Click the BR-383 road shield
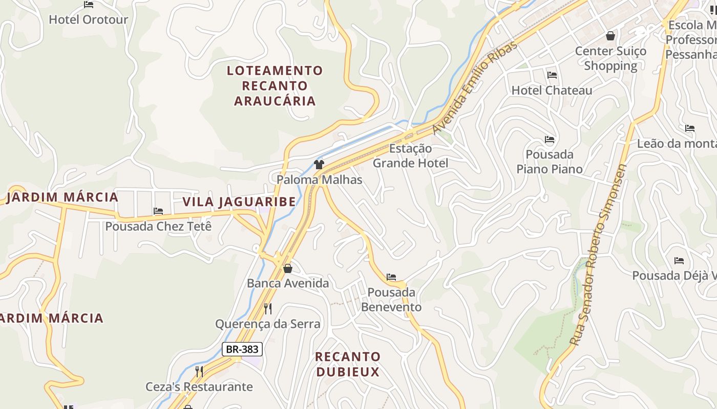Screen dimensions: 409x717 point(242,350)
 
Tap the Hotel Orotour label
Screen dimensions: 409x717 point(88,20)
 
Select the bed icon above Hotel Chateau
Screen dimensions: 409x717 point(552,75)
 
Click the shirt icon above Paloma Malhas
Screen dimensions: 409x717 point(319,165)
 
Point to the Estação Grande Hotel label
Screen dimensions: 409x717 point(410,156)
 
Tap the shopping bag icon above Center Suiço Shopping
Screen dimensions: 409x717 point(610,36)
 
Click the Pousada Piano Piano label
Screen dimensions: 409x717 point(549,162)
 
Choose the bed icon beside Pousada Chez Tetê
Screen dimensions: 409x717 point(158,211)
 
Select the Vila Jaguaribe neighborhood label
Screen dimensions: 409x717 point(239,201)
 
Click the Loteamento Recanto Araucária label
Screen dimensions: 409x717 point(275,85)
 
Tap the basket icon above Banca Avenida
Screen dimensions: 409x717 point(288,268)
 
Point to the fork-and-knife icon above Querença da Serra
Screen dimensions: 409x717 point(267,308)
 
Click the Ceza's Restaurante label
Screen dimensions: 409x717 point(199,387)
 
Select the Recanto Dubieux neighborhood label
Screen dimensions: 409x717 point(348,364)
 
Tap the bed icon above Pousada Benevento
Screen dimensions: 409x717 point(391,278)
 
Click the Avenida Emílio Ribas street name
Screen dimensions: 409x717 point(475,87)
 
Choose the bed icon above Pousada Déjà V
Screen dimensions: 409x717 point(679,261)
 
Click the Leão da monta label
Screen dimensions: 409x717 point(676,144)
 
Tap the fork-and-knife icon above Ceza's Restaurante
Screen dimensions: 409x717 point(199,371)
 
